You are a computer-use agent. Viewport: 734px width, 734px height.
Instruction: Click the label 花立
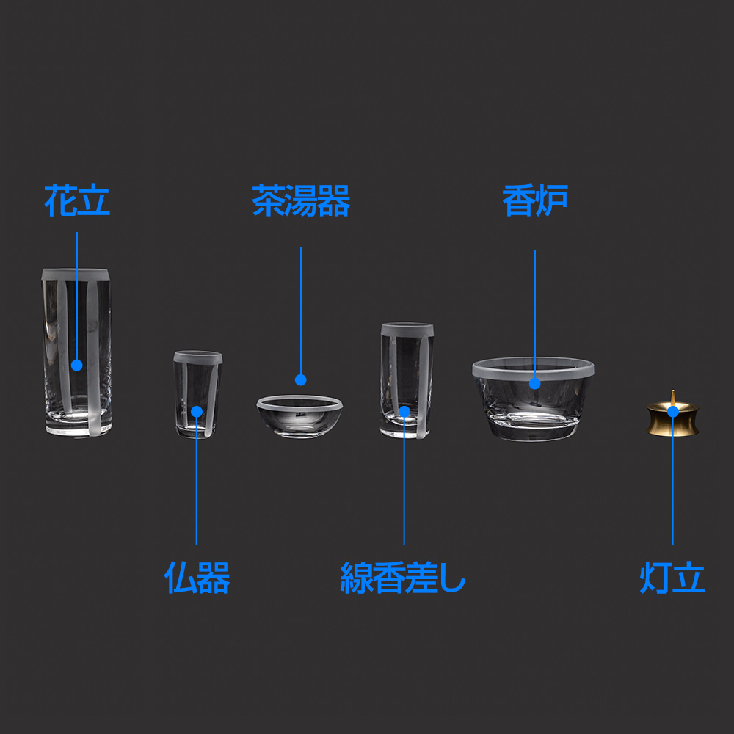77,200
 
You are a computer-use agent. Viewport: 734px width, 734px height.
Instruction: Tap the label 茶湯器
301,200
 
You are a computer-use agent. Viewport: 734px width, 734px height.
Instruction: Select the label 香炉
535,200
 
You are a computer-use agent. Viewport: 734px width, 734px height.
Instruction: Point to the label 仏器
197,578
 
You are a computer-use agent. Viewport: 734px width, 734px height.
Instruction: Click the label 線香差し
403,578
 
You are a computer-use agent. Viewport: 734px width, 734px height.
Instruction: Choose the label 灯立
672,578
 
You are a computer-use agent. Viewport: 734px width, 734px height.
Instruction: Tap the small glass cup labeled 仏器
197,395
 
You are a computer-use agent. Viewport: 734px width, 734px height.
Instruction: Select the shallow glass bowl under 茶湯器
299,416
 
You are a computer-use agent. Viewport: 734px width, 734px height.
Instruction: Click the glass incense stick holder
407,380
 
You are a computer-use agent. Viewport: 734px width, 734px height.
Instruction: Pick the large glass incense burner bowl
533,399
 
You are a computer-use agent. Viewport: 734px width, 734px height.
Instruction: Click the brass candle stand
672,418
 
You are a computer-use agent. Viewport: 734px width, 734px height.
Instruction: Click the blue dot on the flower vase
77,365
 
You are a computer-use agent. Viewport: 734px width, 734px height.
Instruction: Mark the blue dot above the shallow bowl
300,379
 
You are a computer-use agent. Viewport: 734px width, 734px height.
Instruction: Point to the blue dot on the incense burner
534,383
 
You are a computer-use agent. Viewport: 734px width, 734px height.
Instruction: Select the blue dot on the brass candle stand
672,412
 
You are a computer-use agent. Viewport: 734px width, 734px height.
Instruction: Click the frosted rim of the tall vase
76,275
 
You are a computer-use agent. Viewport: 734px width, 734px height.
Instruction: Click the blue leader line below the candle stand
672,481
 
